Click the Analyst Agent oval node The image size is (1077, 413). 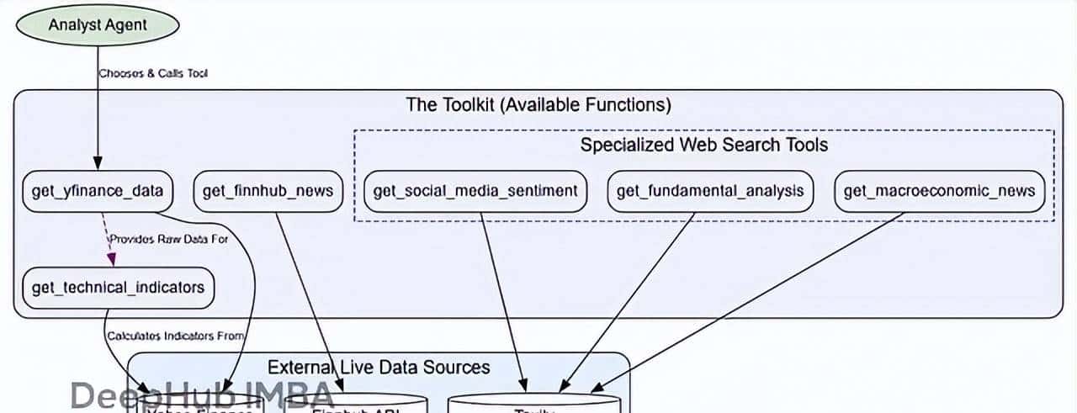coord(98,24)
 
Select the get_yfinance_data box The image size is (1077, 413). coord(98,191)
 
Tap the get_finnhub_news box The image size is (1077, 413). coord(268,191)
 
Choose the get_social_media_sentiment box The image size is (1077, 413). coord(475,191)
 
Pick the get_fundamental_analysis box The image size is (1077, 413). coord(709,191)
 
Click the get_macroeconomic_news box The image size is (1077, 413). coord(939,191)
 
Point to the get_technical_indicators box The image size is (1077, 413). coord(118,288)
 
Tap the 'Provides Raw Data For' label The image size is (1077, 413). coord(168,239)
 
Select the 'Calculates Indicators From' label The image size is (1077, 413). coord(175,336)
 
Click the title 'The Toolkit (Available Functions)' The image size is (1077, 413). coord(538,105)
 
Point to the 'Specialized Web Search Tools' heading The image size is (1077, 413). coord(703,145)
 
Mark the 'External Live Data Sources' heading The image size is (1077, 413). coord(379,367)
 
